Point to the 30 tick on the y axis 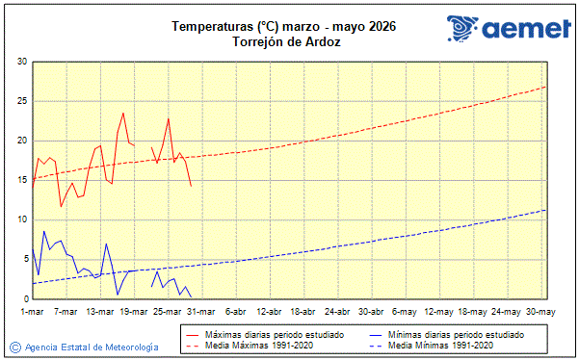21,62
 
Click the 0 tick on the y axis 24,298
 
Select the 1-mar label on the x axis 34,312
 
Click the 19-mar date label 134,312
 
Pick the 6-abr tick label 236,312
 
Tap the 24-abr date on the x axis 337,312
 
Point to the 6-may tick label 405,312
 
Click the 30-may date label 540,312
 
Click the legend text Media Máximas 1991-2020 265,345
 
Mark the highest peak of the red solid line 123,113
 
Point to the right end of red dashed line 546,87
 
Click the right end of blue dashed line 546,210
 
